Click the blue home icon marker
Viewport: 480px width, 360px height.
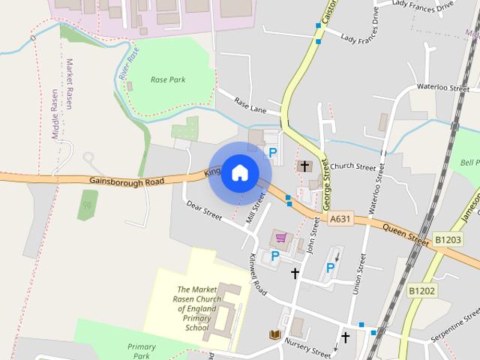(239, 173)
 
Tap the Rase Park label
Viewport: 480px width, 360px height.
(167, 79)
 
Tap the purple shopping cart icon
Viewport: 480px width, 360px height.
(281, 238)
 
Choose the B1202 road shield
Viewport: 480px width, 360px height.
(422, 289)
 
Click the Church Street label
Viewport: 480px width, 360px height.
(352, 166)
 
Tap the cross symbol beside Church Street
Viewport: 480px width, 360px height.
(304, 166)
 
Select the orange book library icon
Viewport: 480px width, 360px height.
(275, 334)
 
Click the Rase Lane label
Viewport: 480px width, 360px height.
(250, 105)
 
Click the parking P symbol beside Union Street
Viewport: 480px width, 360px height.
(330, 268)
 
